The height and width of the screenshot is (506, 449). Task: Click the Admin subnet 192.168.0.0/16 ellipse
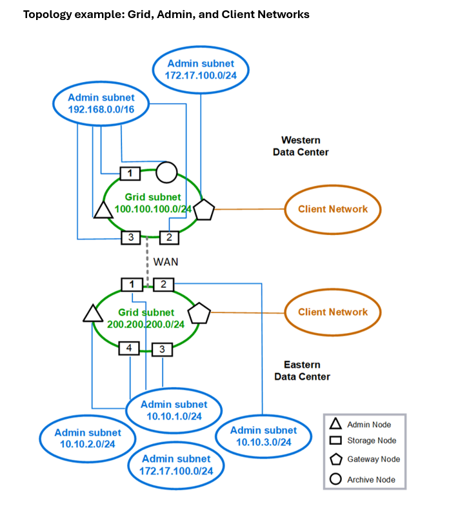tap(100, 103)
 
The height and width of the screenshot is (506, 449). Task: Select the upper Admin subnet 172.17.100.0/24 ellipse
tap(201, 69)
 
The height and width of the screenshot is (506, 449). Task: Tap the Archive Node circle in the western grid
tap(166, 172)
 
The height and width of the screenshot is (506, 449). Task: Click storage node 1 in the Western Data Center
tap(130, 172)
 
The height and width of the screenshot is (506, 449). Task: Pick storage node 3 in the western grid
tap(131, 238)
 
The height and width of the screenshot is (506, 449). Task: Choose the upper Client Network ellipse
tap(332, 209)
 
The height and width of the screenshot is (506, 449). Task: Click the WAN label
tap(166, 262)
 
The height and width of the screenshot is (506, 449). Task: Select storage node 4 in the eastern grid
tap(129, 349)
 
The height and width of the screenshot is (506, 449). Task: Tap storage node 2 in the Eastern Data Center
tap(163, 284)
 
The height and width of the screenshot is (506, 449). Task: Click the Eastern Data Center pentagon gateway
tap(201, 312)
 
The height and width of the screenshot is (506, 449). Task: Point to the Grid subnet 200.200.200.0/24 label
tap(148, 318)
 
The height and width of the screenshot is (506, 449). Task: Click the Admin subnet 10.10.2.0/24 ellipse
tap(87, 439)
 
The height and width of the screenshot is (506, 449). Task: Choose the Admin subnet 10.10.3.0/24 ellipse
tap(263, 436)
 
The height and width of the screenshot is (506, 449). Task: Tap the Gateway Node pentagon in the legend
tap(335, 460)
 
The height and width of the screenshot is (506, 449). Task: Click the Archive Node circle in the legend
tap(335, 479)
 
